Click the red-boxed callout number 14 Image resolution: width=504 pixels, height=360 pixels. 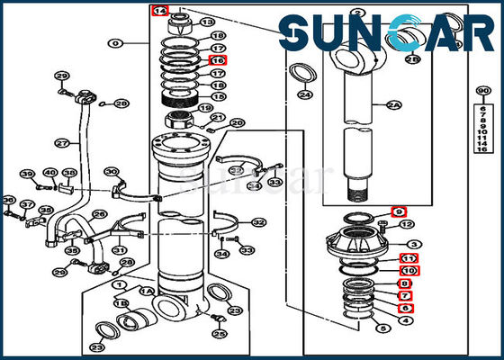pyautogui.click(x=159, y=11)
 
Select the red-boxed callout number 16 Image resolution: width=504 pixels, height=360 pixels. pyautogui.click(x=217, y=59)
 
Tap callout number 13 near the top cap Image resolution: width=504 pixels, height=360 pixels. pyautogui.click(x=207, y=22)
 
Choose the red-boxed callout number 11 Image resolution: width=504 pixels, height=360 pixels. pyautogui.click(x=409, y=258)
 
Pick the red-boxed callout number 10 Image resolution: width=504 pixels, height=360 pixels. pyautogui.click(x=409, y=270)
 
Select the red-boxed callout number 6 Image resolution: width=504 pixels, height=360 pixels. pyautogui.click(x=406, y=308)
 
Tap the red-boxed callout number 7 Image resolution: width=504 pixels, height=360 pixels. pyautogui.click(x=406, y=295)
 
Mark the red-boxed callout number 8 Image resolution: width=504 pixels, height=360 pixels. pyautogui.click(x=406, y=283)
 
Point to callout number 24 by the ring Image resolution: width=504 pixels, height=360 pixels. pyautogui.click(x=305, y=94)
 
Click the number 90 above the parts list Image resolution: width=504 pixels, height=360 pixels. pyautogui.click(x=482, y=91)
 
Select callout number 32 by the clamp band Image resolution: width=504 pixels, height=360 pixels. pyautogui.click(x=259, y=222)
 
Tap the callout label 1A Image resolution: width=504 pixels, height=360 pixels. pyautogui.click(x=146, y=291)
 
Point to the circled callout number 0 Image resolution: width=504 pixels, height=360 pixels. pyautogui.click(x=115, y=42)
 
